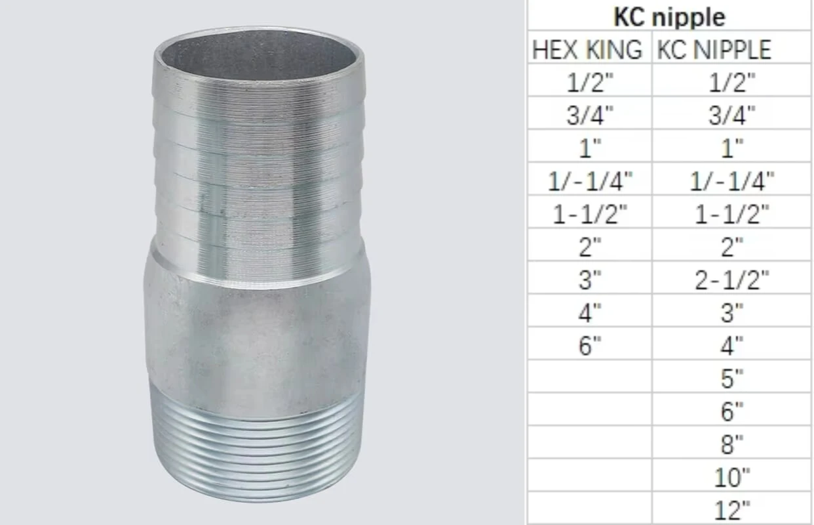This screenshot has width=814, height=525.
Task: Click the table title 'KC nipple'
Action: point(669,17)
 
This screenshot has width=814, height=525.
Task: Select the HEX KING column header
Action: point(587,50)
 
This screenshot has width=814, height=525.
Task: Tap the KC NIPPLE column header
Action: point(714,50)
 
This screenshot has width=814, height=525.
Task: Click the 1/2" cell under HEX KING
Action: point(590,82)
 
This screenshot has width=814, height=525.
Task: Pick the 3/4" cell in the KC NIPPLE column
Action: point(732,115)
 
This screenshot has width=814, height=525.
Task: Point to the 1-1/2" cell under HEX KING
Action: point(590,213)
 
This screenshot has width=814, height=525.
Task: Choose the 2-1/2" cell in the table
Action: point(732,280)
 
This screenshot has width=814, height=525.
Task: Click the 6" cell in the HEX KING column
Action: point(590,345)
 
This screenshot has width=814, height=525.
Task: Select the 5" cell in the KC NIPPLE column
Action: point(732,379)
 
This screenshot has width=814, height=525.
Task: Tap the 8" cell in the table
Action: point(732,444)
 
